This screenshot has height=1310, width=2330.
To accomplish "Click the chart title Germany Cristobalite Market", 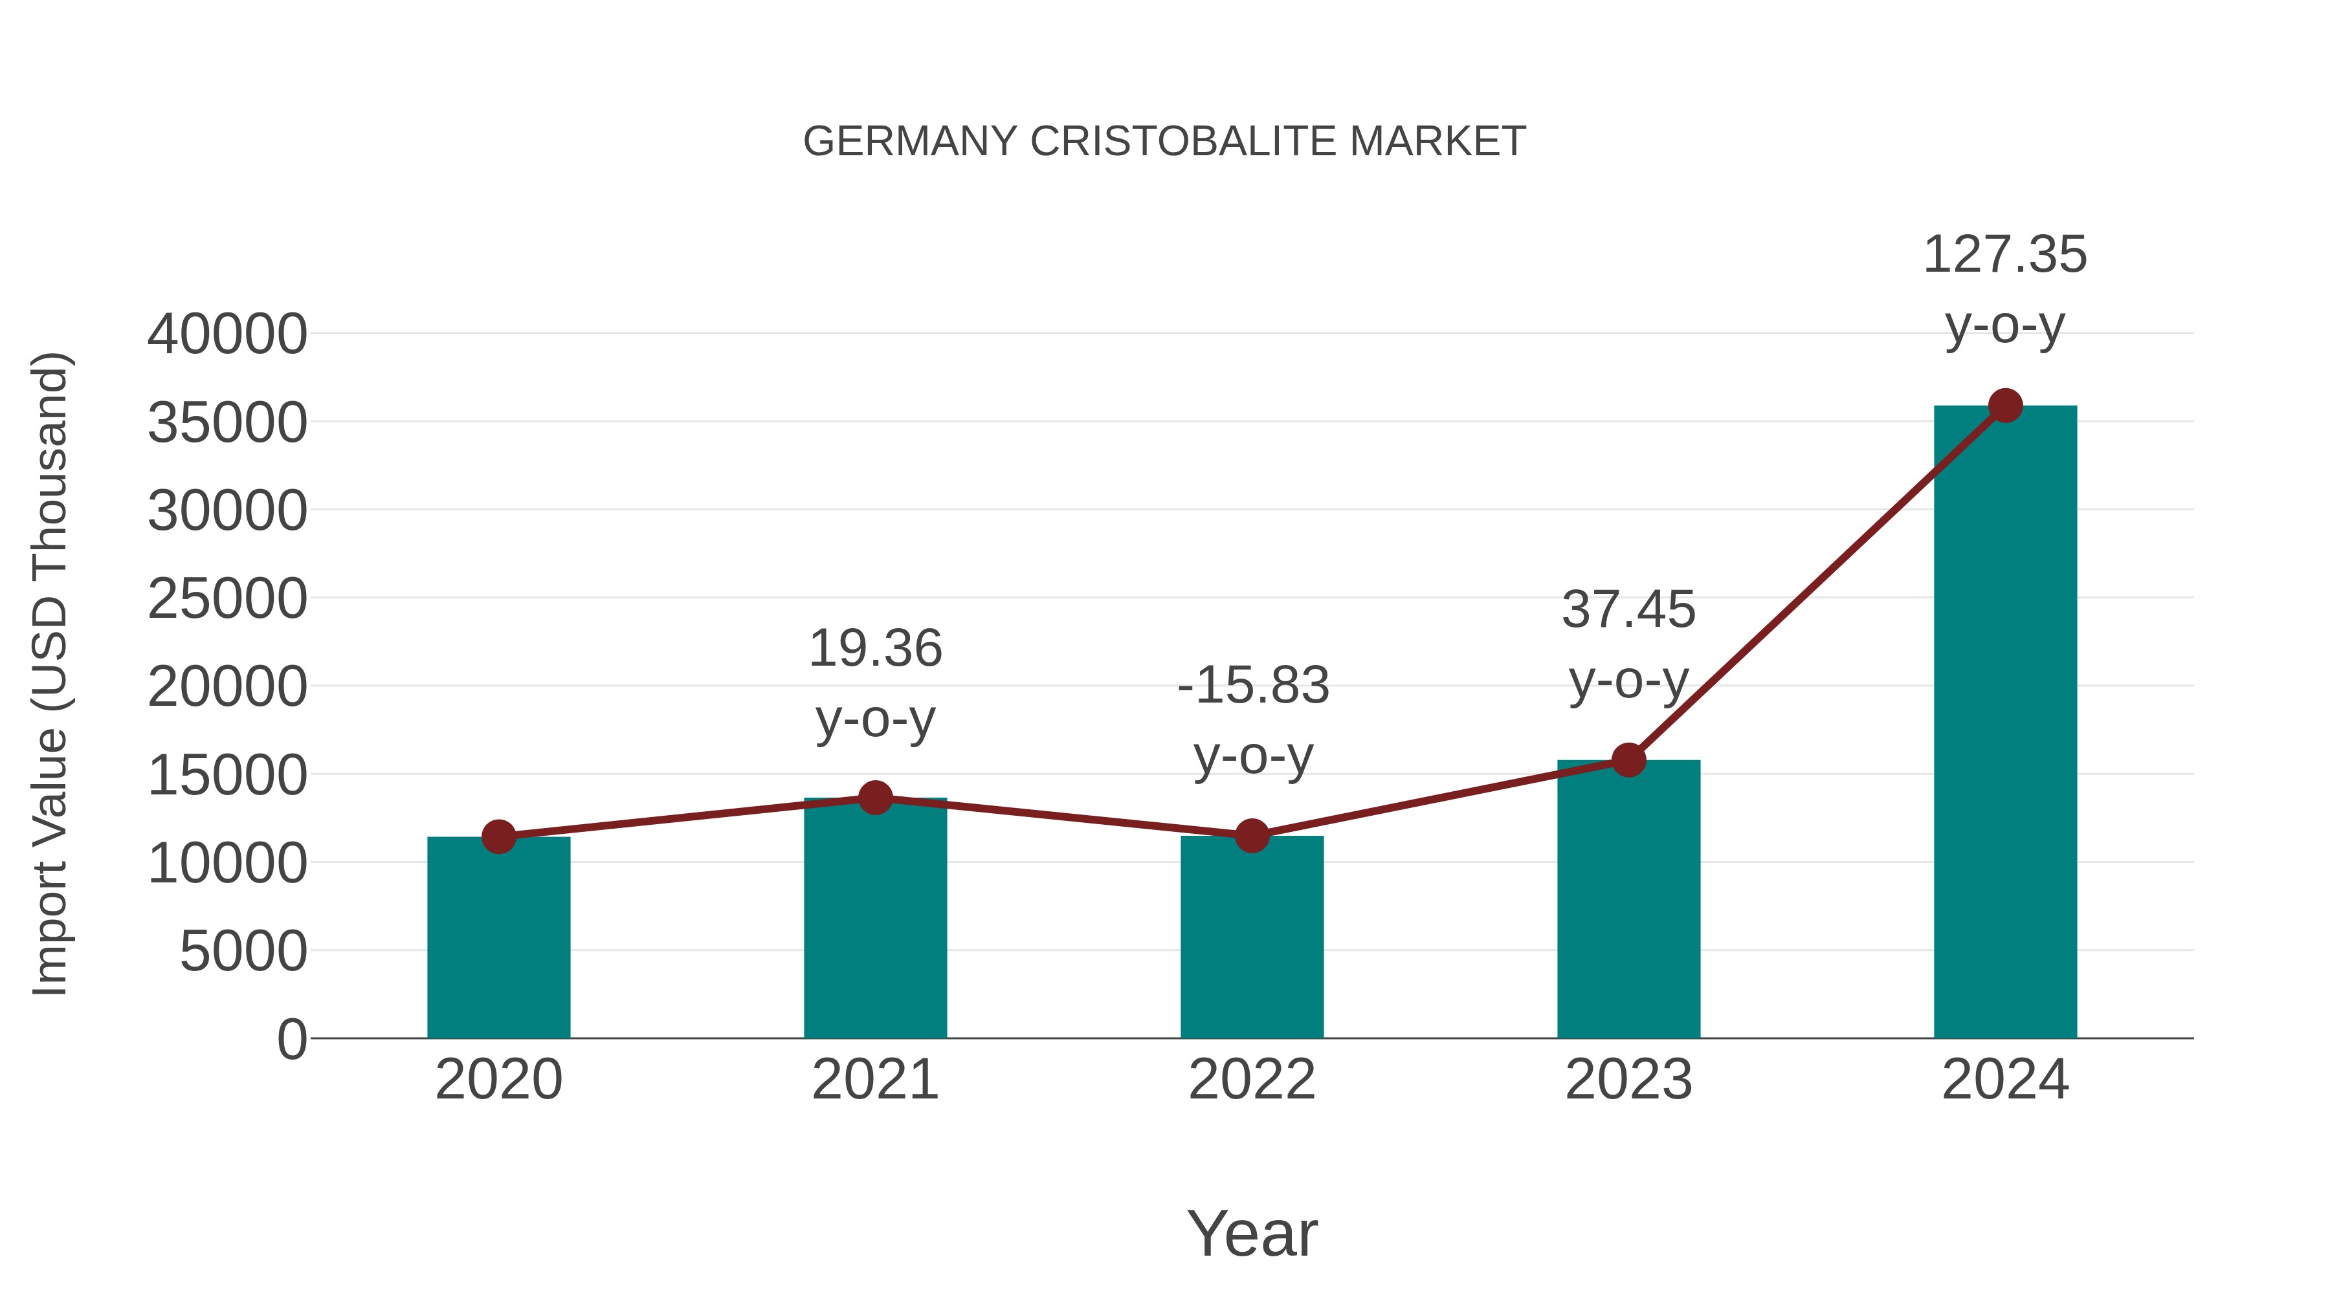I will pos(1164,142).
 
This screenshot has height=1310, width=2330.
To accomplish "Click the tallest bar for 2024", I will pos(2005,723).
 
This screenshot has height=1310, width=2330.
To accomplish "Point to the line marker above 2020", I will pos(498,837).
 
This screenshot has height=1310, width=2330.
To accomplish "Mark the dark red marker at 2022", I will pos(1252,836).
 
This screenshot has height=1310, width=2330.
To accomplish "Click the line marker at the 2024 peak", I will pos(2005,406).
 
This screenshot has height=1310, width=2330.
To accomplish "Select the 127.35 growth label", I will pos(2005,255).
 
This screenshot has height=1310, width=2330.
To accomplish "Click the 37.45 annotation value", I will pos(1628,609).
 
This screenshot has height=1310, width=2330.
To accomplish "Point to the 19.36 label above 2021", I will pos(874,649).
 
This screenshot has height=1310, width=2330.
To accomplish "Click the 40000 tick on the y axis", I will pos(227,334).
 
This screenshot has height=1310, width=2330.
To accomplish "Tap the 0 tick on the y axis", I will pos(292,1039).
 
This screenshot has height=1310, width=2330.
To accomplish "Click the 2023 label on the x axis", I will pos(1628,1080).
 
